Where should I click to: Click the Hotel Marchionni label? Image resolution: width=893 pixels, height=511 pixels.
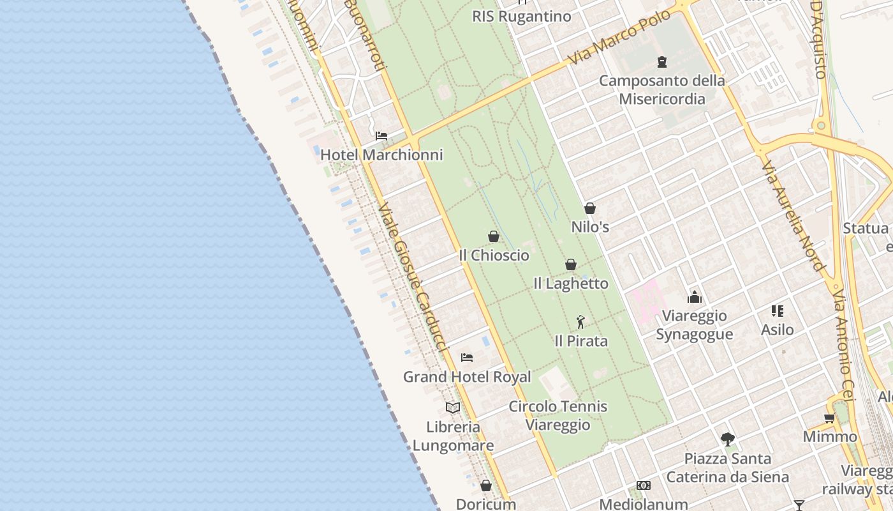click(x=381, y=155)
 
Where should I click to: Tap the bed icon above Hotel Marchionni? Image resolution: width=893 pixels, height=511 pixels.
click(x=381, y=136)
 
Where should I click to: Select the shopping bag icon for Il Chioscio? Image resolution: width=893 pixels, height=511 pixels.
click(x=493, y=237)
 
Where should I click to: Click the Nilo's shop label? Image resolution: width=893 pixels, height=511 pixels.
click(x=590, y=227)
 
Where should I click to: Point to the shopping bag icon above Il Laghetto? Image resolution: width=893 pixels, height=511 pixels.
click(x=571, y=264)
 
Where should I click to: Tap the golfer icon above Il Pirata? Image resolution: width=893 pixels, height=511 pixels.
click(x=580, y=322)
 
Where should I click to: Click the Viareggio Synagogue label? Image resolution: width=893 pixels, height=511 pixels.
click(x=694, y=325)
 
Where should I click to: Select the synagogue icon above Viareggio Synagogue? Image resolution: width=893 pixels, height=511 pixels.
click(x=694, y=297)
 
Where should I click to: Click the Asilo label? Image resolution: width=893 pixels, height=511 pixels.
click(x=777, y=330)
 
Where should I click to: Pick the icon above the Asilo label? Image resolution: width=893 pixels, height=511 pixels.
click(x=777, y=311)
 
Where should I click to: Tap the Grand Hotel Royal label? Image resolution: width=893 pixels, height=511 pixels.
click(x=467, y=377)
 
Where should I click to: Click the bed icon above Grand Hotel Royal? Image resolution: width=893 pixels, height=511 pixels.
click(x=467, y=358)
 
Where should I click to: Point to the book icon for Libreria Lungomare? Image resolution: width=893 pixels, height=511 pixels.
click(x=453, y=408)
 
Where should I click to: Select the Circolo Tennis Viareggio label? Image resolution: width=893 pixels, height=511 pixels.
click(x=557, y=416)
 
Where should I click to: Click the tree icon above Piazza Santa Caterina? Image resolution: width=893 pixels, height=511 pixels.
click(x=728, y=439)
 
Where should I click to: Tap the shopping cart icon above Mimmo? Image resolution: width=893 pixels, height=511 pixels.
click(x=829, y=418)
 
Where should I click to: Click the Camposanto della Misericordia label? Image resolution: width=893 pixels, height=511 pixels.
click(x=662, y=89)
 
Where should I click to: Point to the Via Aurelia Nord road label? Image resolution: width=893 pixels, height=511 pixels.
click(x=793, y=215)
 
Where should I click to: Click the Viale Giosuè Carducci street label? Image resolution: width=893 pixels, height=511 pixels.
click(x=411, y=278)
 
